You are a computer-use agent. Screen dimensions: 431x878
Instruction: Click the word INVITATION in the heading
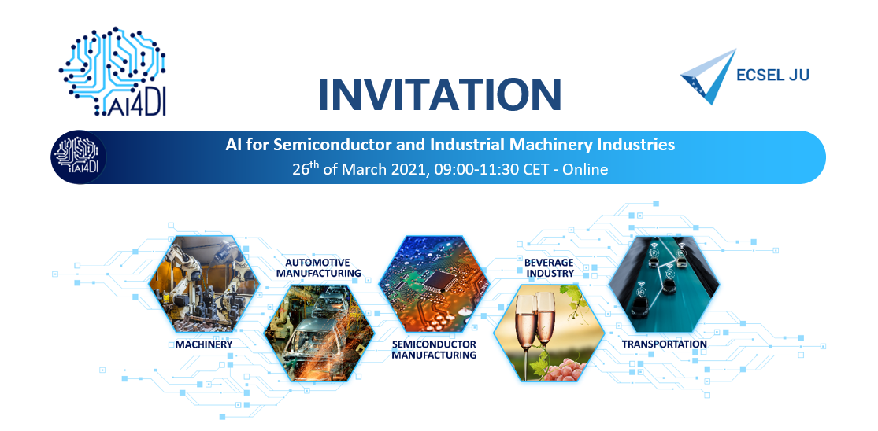[439, 93]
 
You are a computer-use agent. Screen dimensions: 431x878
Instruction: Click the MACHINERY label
[203, 344]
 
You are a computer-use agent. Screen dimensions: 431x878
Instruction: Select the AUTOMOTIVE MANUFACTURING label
[317, 267]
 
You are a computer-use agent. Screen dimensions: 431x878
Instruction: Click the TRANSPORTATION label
[664, 344]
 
